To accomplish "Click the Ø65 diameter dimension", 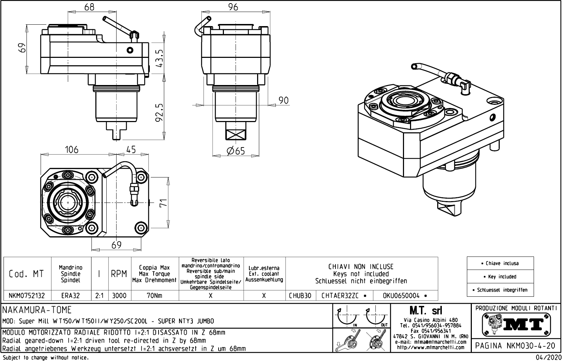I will click(236, 151).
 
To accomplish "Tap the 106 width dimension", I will click(71, 150).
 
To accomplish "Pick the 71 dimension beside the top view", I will click(163, 203).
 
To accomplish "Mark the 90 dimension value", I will click(283, 101).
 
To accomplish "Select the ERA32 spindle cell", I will click(71, 296).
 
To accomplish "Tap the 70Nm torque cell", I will click(154, 296).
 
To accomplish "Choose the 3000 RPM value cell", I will click(119, 296).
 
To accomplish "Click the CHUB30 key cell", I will click(300, 296).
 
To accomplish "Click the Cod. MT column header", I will click(27, 274).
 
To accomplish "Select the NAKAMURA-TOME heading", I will click(37, 310).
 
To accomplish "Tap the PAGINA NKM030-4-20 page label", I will click(515, 345).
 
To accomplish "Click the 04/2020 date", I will click(548, 357).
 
